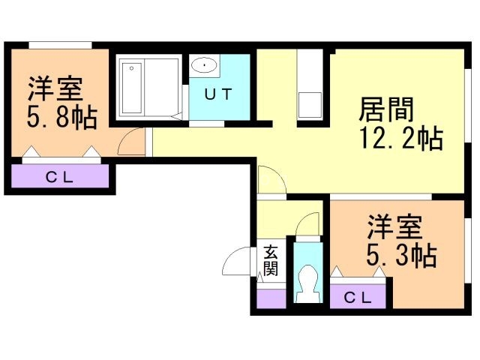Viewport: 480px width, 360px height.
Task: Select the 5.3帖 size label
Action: coord(400,256)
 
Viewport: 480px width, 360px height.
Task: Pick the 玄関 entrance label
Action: coord(270,260)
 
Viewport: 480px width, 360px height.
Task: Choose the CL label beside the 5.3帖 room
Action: coord(358,297)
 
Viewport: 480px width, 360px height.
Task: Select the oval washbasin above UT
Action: coord(204,66)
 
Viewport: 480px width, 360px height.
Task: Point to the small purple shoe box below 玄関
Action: coord(271,297)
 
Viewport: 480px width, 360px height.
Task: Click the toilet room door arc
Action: coord(307,225)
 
